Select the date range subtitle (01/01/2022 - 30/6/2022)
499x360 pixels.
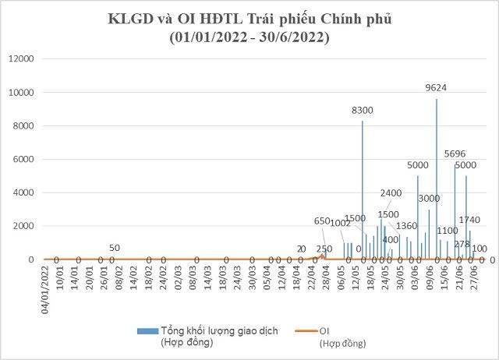[x=249, y=37]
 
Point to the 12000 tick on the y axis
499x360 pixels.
[x=21, y=59]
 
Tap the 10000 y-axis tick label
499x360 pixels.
[x=21, y=93]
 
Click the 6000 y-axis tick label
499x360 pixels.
[x=23, y=160]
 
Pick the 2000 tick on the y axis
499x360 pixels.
[x=23, y=226]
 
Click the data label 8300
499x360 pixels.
[x=362, y=111]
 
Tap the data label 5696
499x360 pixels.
[x=455, y=154]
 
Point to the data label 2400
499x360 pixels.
[x=391, y=193]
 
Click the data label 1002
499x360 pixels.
[x=341, y=224]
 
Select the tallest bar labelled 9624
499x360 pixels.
[x=437, y=179]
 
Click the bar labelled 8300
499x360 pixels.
[x=362, y=190]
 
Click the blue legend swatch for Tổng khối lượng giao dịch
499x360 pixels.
[x=147, y=331]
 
